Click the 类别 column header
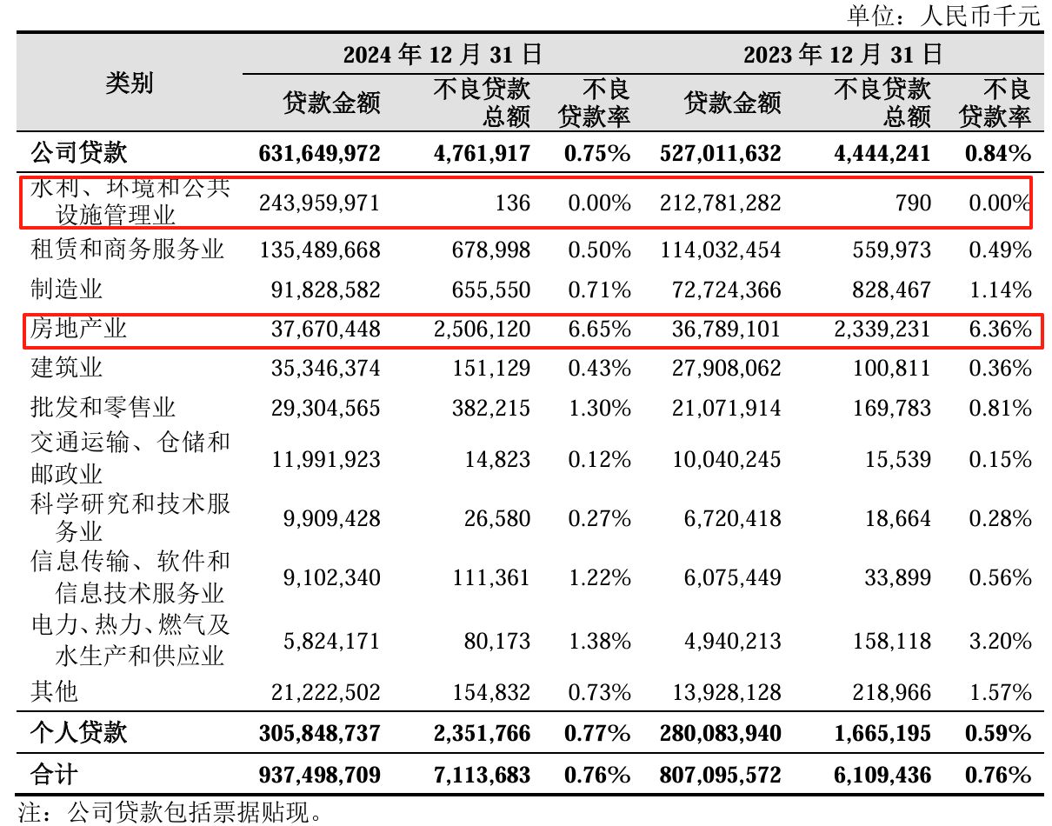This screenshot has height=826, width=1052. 130,83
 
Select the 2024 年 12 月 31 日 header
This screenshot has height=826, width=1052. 443,55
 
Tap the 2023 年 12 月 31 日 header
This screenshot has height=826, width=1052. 842,55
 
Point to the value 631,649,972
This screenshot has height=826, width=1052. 320,154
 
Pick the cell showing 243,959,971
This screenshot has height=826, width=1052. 320,203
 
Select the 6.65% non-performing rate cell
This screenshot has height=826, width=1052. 597,329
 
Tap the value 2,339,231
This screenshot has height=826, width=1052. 882,329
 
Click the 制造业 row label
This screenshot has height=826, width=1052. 66,289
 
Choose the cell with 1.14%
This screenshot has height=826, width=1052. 998,290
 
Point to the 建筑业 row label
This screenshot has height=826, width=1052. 66,367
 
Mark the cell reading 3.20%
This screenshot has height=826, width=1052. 998,642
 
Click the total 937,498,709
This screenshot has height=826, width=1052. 320,774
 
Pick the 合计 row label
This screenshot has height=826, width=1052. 54,774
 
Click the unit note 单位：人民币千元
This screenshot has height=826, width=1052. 943,15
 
